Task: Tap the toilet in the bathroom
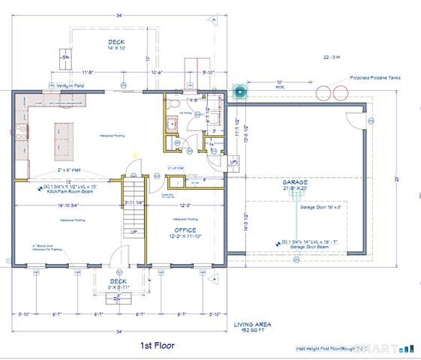tap(171, 104)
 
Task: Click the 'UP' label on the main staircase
tap(134, 232)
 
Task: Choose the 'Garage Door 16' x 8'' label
tap(320, 207)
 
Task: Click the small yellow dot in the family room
tap(134, 155)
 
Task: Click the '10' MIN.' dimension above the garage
tap(279, 85)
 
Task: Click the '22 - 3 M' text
tap(332, 57)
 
